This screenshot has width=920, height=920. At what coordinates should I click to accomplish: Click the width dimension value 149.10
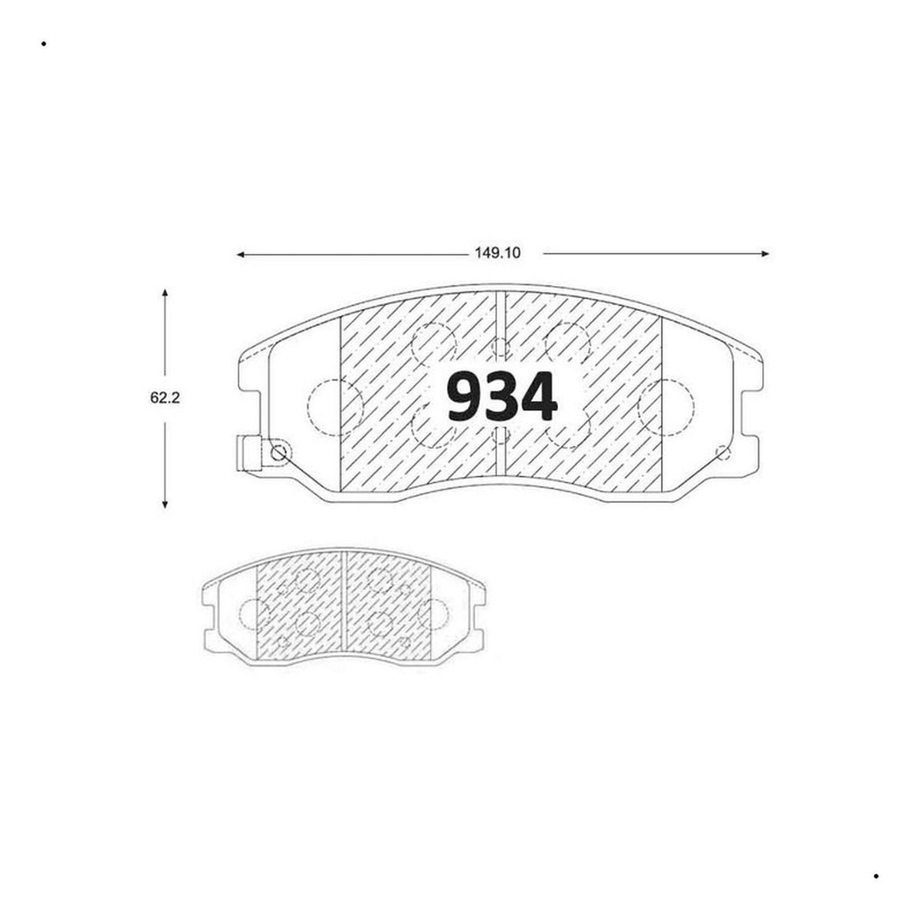point(498,252)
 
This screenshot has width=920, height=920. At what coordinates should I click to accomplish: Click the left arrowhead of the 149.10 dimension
point(241,255)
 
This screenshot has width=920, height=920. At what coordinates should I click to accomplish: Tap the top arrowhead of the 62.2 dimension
point(165,293)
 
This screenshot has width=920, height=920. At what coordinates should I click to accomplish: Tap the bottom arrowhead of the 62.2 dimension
point(165,503)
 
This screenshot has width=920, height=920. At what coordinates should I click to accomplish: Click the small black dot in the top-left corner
point(44,44)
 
